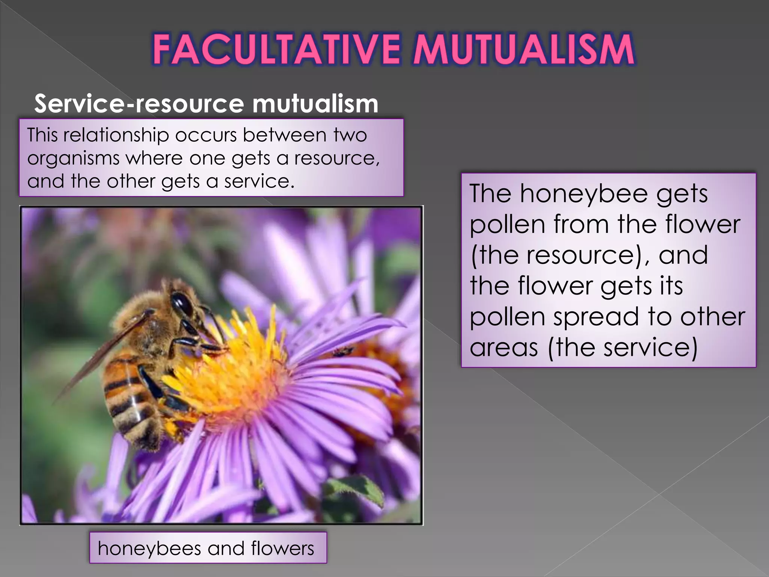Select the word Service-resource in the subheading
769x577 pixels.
click(x=139, y=104)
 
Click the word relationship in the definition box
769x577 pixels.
click(x=116, y=135)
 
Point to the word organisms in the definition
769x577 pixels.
click(x=73, y=159)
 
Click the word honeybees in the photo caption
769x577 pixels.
click(x=149, y=548)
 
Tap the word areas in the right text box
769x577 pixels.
click(x=504, y=347)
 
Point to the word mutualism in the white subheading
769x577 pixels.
click(x=315, y=104)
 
